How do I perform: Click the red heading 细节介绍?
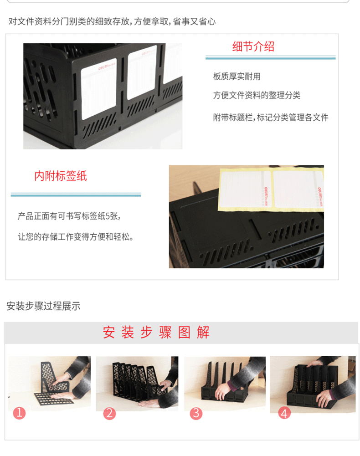coord(253,46)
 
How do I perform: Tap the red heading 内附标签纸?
coord(61,176)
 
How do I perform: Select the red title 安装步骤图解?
coord(156,332)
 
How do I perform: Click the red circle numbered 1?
coord(19,413)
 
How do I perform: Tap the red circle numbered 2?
coord(109,413)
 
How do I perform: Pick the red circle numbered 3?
coord(196,413)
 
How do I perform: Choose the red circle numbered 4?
coord(284,413)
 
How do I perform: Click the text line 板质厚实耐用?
coord(237,77)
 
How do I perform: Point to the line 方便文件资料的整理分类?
coord(257,95)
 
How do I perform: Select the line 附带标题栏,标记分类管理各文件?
coord(271,118)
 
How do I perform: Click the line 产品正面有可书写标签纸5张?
coord(69,216)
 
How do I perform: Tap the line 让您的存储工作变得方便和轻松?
coord(76,237)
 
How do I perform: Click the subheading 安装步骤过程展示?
coord(44,306)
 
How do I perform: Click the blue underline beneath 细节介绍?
coord(270,58)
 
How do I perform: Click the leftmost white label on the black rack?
coord(98,89)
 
